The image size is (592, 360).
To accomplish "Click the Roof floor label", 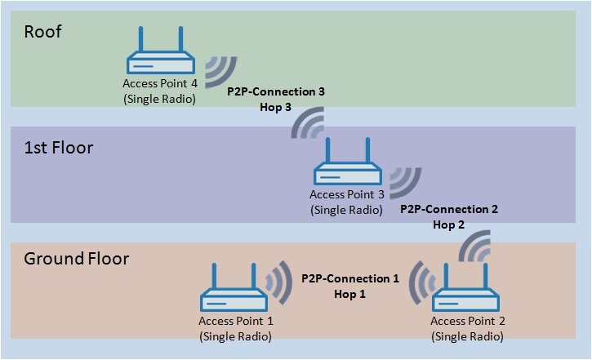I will tap(42, 33).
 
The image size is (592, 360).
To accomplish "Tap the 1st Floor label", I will tap(58, 149).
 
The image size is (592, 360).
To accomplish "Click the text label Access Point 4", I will tap(159, 84).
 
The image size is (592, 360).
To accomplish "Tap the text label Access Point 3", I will tap(347, 194).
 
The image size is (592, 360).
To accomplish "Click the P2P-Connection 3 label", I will tap(276, 93).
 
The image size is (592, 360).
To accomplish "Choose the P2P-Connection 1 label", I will tap(350, 278).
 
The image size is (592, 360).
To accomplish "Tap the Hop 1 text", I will tap(350, 293).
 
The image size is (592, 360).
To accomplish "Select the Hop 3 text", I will tap(276, 108).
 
